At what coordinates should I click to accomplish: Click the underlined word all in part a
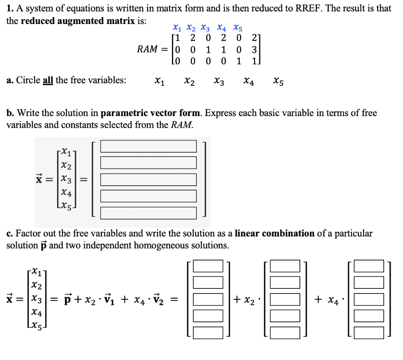tap(48, 80)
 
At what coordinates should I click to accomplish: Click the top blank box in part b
tap(148, 146)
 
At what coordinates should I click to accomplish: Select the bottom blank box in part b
tap(148, 213)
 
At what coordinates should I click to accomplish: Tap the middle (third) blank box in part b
tap(148, 179)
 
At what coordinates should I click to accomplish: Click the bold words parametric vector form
tap(151, 113)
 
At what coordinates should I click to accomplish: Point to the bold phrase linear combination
tap(275, 233)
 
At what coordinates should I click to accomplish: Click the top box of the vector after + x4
tap(369, 266)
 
